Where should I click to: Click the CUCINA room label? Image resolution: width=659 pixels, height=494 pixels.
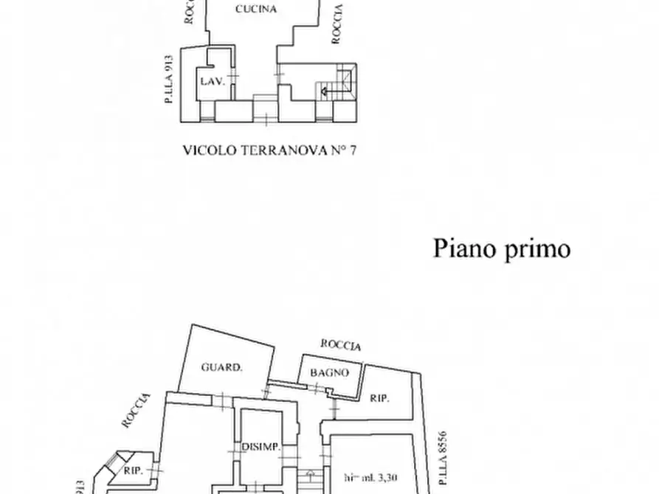point(256,10)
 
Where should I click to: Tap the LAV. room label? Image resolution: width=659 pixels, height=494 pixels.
point(213,81)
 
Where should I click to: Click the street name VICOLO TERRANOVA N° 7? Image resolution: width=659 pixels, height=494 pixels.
point(269,150)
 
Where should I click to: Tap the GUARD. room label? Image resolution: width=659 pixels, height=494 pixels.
point(221,366)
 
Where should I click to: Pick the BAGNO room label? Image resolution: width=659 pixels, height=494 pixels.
point(329,372)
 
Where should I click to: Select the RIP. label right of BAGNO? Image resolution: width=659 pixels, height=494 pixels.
point(379,398)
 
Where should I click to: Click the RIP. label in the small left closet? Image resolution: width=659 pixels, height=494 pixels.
point(133,469)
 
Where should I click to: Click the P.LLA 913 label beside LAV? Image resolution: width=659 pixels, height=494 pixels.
point(170,78)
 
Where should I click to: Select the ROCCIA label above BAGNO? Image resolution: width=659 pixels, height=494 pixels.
point(341,345)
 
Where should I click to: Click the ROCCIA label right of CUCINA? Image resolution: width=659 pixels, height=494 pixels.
point(337,24)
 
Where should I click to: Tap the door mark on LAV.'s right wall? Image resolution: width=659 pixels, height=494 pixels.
point(234,77)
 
